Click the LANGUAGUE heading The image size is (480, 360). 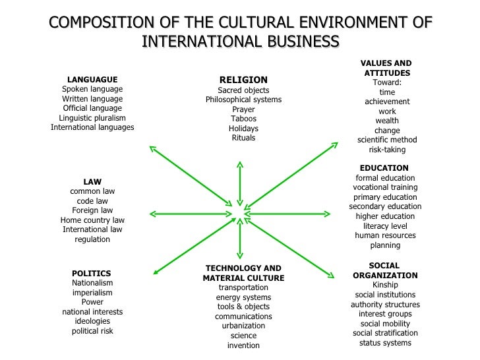92,80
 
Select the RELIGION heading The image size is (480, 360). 243,80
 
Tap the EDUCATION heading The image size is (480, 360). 384,168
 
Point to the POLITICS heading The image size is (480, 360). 92,273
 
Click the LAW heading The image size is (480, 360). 92,181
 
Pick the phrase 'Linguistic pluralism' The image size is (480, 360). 92,118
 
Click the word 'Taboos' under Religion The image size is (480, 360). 243,119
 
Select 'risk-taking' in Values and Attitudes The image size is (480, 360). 387,150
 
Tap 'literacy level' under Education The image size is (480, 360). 385,226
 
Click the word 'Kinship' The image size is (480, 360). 385,285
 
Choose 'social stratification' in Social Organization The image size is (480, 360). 385,333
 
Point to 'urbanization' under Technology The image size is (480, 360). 243,326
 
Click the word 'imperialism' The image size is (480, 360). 92,293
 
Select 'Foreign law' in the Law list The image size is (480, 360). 92,210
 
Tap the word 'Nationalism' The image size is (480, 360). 92,283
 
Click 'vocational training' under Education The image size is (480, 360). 385,187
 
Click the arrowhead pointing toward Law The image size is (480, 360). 152,214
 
